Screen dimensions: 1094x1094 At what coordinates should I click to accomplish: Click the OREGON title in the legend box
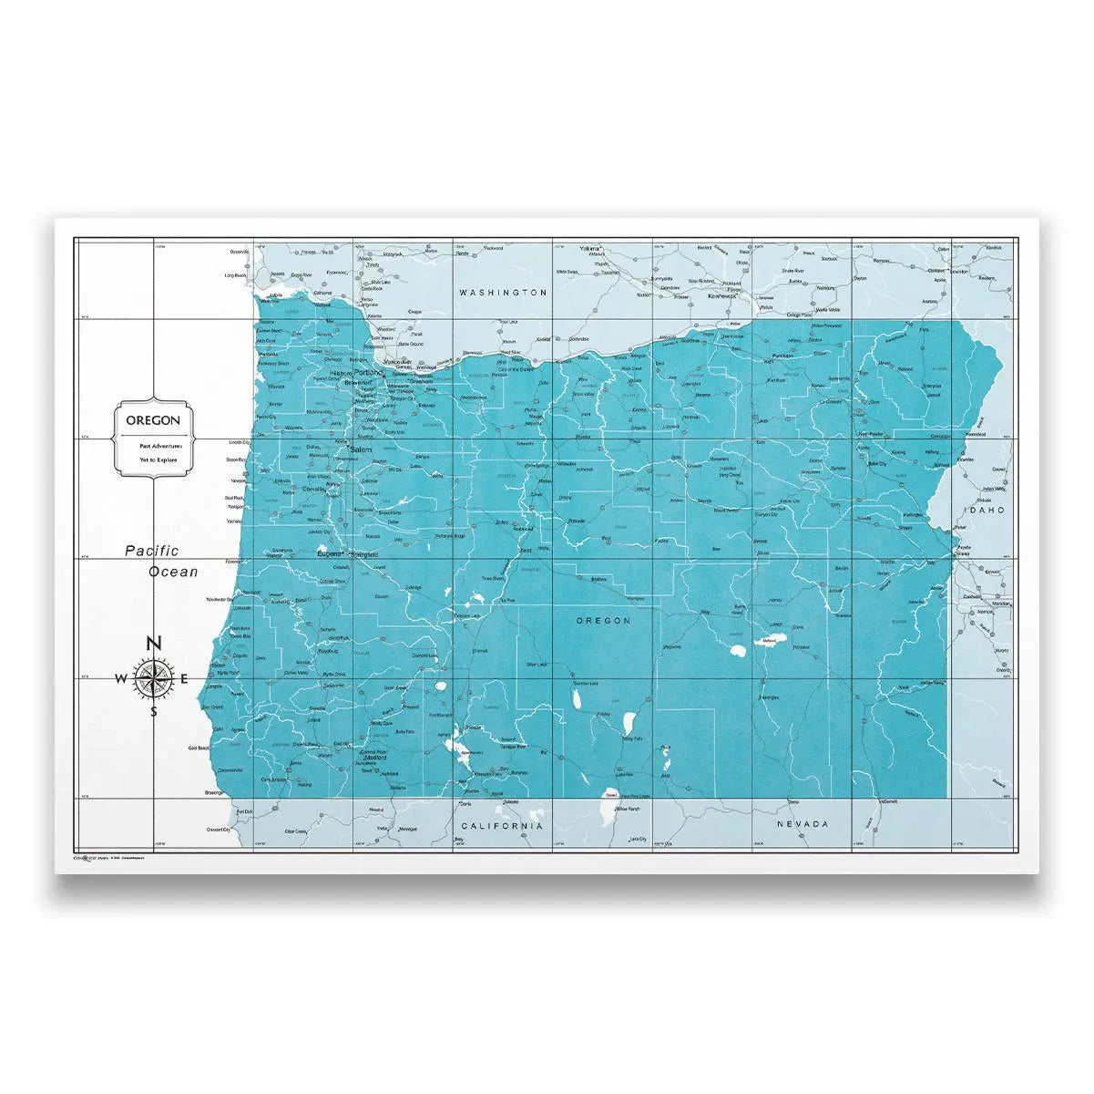(153, 420)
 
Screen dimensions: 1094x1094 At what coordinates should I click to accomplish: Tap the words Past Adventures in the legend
(160, 446)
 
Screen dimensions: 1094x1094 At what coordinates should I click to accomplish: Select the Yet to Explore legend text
(160, 460)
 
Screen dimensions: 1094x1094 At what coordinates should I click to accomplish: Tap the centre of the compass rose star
(153, 678)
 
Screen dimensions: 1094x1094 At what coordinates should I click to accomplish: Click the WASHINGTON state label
(503, 293)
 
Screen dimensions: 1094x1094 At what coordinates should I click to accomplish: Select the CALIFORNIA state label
(502, 825)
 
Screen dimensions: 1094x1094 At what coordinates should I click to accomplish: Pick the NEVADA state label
(803, 824)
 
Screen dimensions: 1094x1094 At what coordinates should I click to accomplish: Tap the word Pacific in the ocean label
(152, 551)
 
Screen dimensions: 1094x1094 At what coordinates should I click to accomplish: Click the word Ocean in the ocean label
(172, 572)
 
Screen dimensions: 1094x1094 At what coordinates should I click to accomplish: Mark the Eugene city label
(327, 552)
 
